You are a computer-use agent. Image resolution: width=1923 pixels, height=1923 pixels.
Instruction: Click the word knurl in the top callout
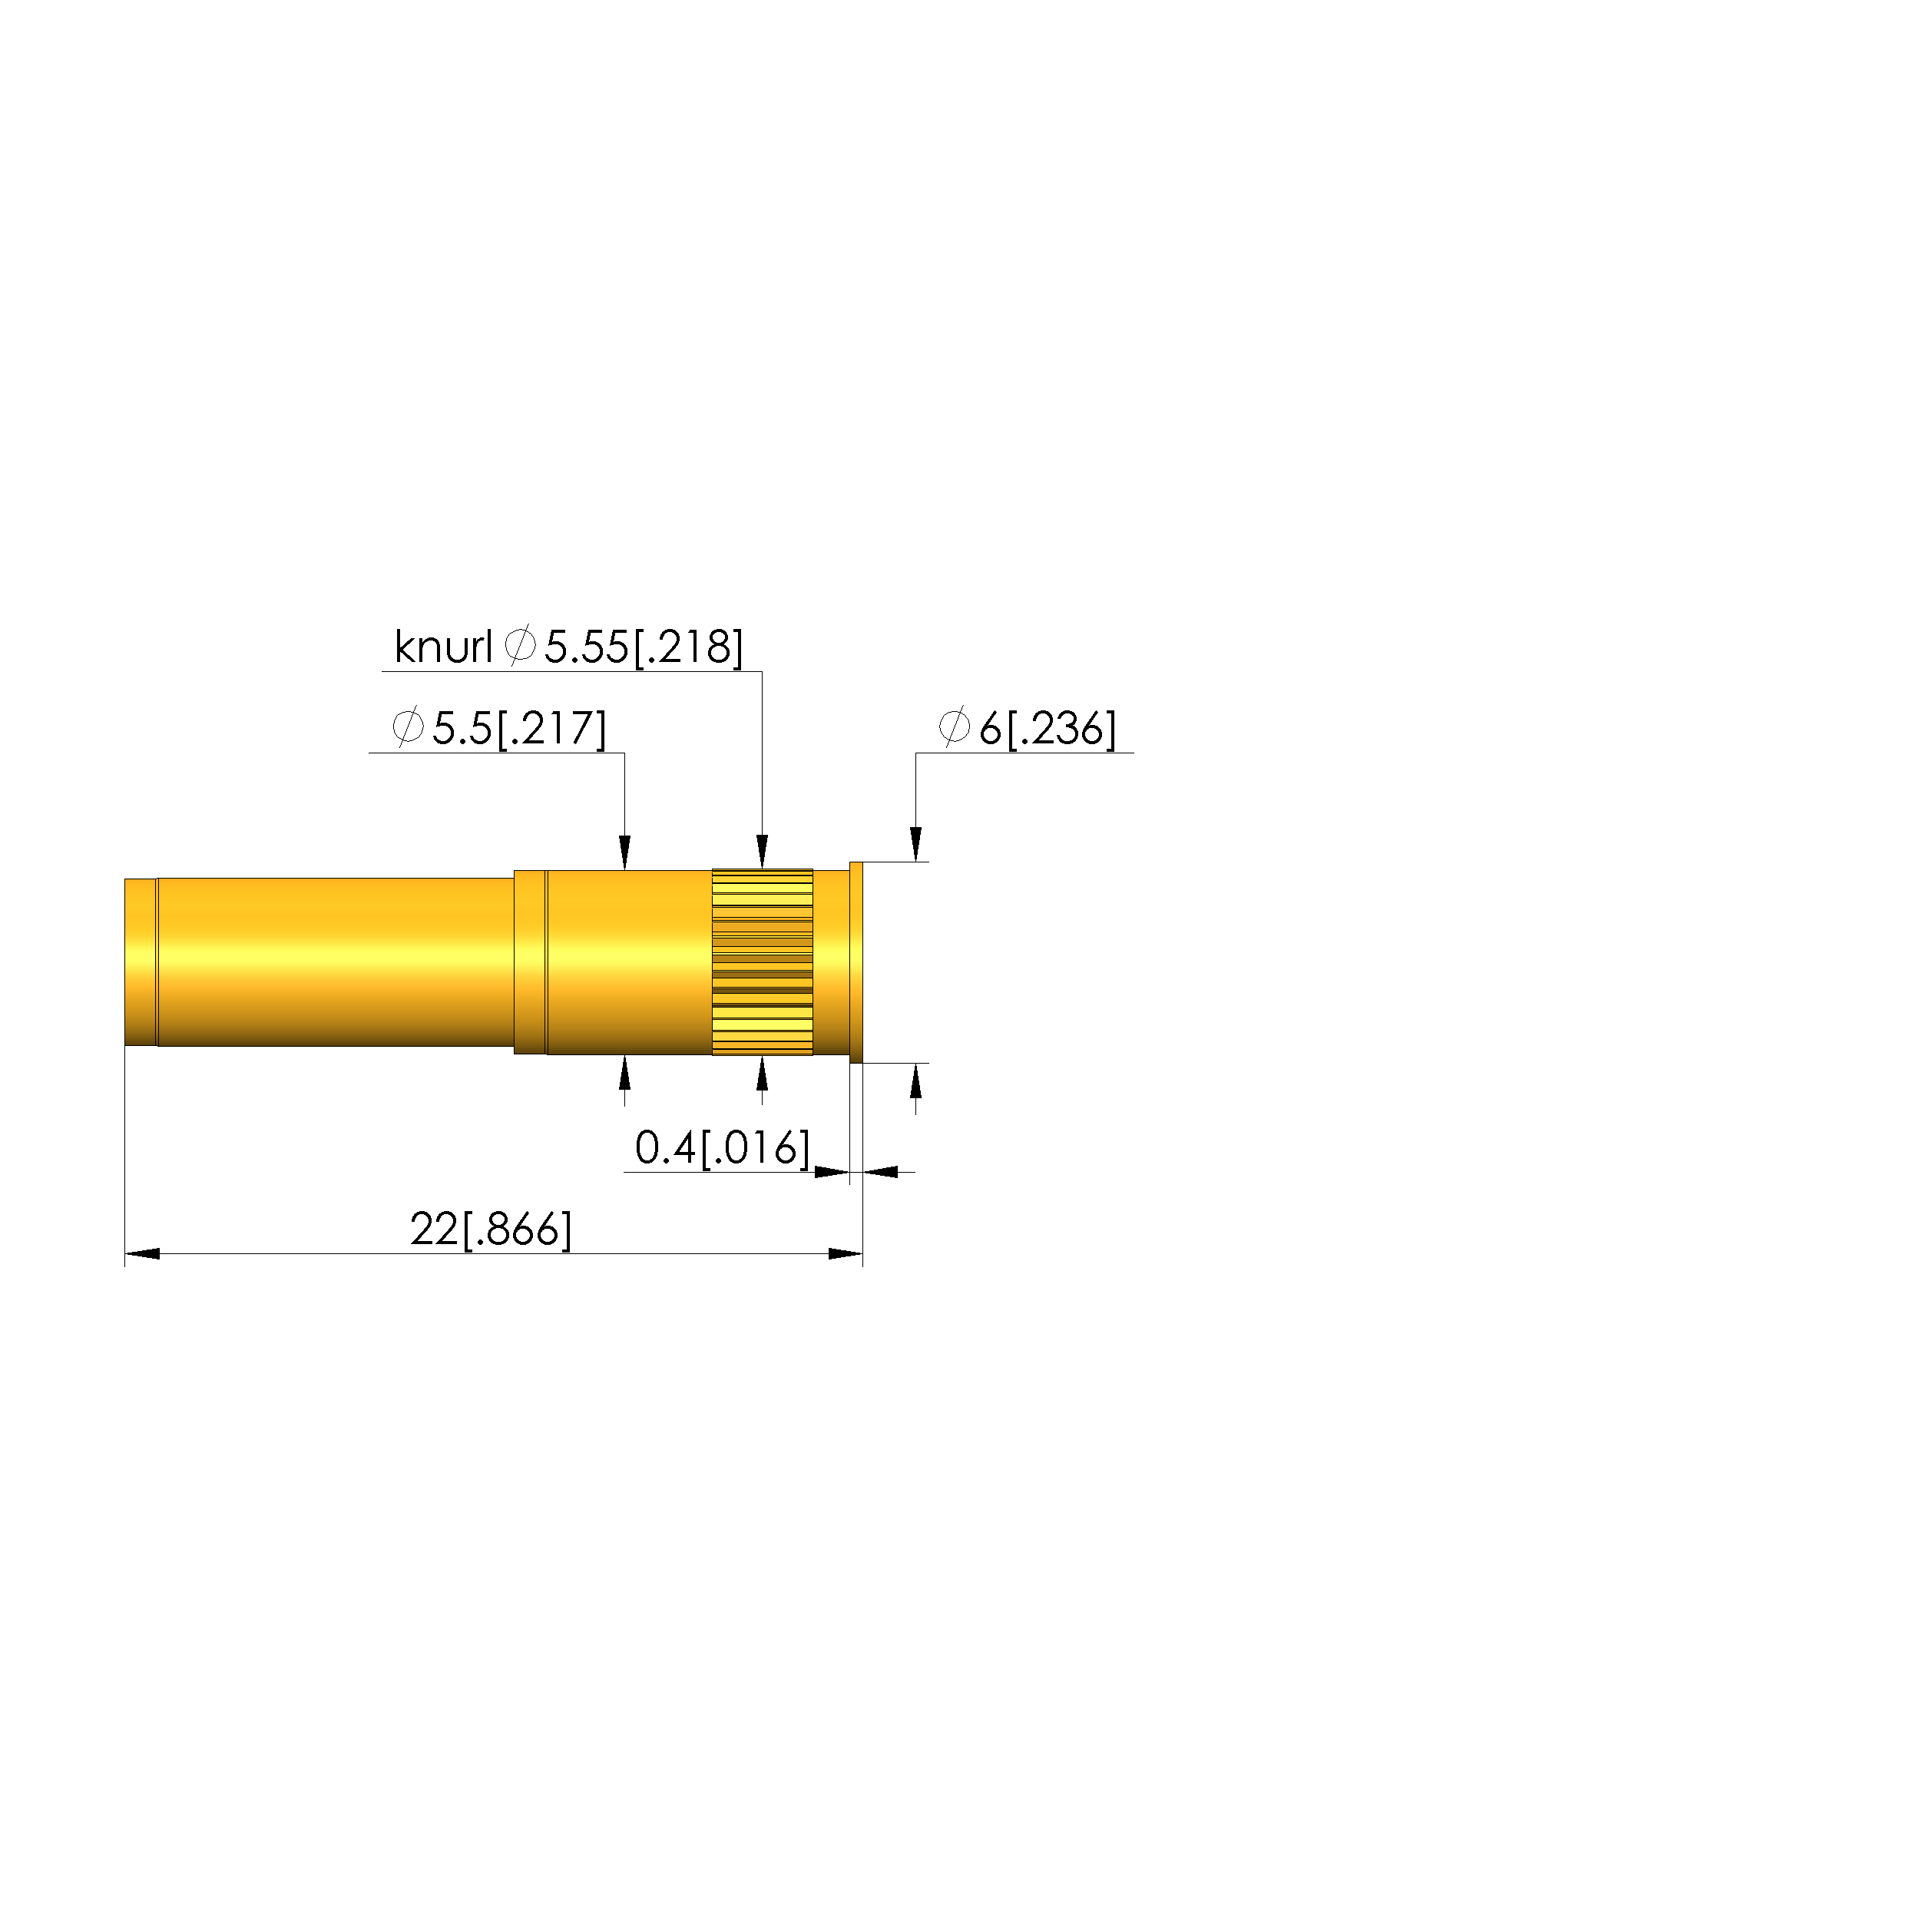[443, 647]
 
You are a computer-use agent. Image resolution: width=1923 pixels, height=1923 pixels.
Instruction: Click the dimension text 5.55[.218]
[643, 647]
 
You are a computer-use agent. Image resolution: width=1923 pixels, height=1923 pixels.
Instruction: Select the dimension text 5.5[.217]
[518, 729]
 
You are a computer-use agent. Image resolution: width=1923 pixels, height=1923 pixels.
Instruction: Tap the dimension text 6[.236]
[1047, 729]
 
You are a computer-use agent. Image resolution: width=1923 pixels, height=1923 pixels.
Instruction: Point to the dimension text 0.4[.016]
[723, 1147]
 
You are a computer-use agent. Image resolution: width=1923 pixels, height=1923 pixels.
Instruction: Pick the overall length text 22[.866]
[492, 1230]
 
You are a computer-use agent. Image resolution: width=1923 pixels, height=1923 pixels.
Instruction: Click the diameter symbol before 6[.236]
[954, 727]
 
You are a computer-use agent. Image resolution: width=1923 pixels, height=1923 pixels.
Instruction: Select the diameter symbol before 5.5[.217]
[407, 727]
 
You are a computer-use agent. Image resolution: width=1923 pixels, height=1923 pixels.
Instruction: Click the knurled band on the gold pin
[763, 962]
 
